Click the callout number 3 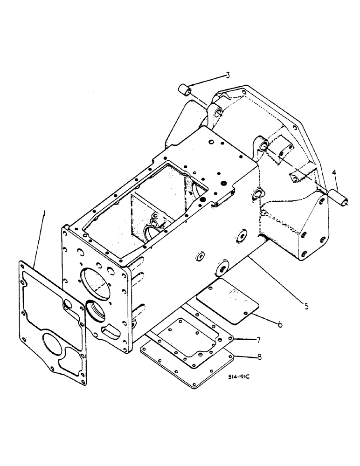click(x=228, y=75)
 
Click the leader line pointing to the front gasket click(x=40, y=242)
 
